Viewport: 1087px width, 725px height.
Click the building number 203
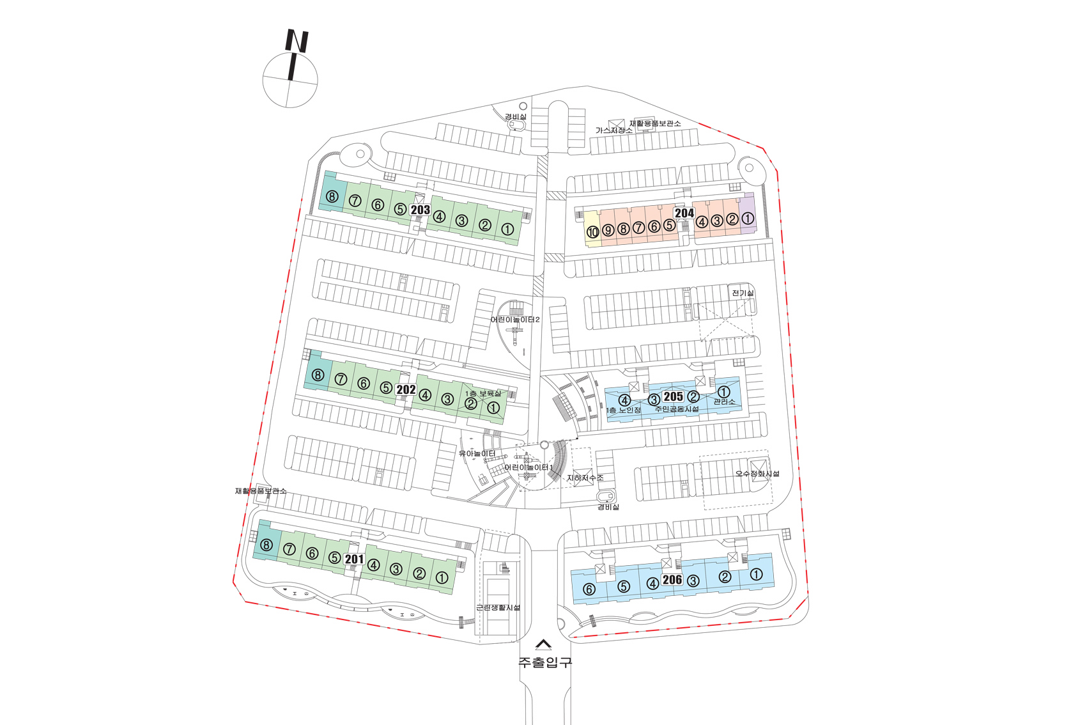pyautogui.click(x=420, y=210)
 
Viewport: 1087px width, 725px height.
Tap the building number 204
pyautogui.click(x=684, y=213)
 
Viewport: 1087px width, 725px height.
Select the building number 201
pyautogui.click(x=354, y=559)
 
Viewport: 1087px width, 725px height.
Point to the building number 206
pyautogui.click(x=672, y=580)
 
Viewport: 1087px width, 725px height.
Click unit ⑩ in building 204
pyautogui.click(x=592, y=232)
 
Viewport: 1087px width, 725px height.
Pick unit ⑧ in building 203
pyautogui.click(x=332, y=196)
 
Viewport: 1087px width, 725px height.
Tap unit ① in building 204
pyautogui.click(x=747, y=219)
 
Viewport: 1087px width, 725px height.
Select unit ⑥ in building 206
pyautogui.click(x=589, y=589)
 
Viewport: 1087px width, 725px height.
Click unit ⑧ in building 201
pyautogui.click(x=266, y=545)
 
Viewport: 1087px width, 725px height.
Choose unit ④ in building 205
pyautogui.click(x=624, y=400)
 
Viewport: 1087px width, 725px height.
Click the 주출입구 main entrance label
pyautogui.click(x=544, y=662)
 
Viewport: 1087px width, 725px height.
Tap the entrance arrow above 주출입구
pyautogui.click(x=543, y=644)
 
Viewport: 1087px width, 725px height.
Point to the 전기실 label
pyautogui.click(x=743, y=293)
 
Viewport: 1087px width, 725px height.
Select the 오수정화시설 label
pyautogui.click(x=757, y=474)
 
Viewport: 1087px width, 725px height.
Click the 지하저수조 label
pyautogui.click(x=585, y=478)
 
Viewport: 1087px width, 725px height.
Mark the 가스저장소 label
pyautogui.click(x=613, y=130)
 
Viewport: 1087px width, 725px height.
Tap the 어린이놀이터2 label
pyautogui.click(x=515, y=320)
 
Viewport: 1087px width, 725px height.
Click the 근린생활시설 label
pyautogui.click(x=498, y=607)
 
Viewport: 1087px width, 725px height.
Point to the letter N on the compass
pyautogui.click(x=297, y=41)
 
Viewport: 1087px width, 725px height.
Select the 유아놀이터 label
pyautogui.click(x=477, y=454)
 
